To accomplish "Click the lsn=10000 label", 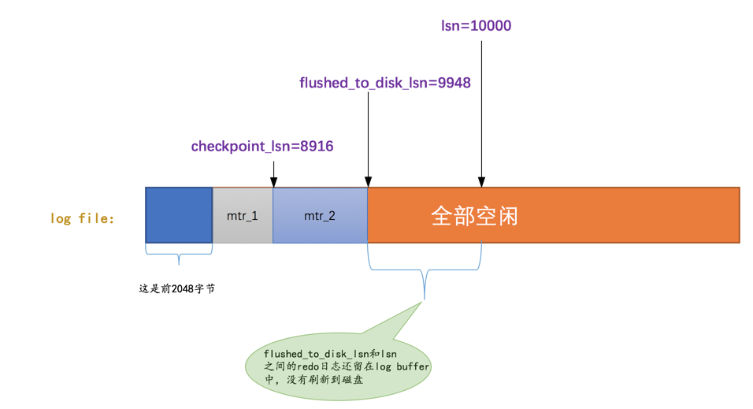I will [x=476, y=25].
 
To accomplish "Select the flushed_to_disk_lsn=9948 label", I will [x=385, y=82].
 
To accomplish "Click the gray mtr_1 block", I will [x=243, y=214].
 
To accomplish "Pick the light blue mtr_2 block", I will [x=320, y=214].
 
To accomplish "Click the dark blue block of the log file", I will [x=179, y=214].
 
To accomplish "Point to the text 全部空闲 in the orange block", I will [x=474, y=215].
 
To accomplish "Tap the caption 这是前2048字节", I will [x=177, y=289].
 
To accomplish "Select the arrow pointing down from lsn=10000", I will [x=481, y=110].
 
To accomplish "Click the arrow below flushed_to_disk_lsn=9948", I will [x=368, y=138].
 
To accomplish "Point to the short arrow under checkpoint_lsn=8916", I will [x=273, y=173].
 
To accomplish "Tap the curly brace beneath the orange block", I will [x=425, y=272].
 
